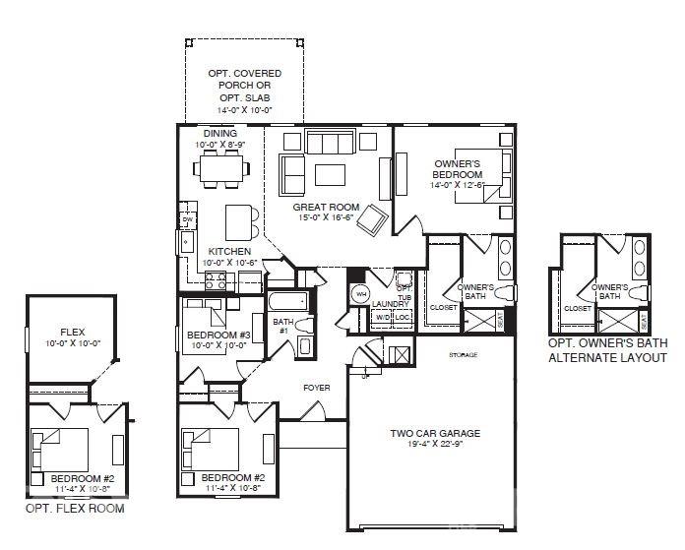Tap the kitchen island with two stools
[237, 217]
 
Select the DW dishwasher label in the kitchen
[187, 219]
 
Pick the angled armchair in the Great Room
[372, 220]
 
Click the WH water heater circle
[360, 293]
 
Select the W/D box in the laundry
[383, 318]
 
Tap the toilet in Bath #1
[303, 326]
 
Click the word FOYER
[316, 388]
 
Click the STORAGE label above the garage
[463, 354]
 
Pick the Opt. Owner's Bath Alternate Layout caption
[607, 349]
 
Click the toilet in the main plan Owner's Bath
[505, 293]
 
